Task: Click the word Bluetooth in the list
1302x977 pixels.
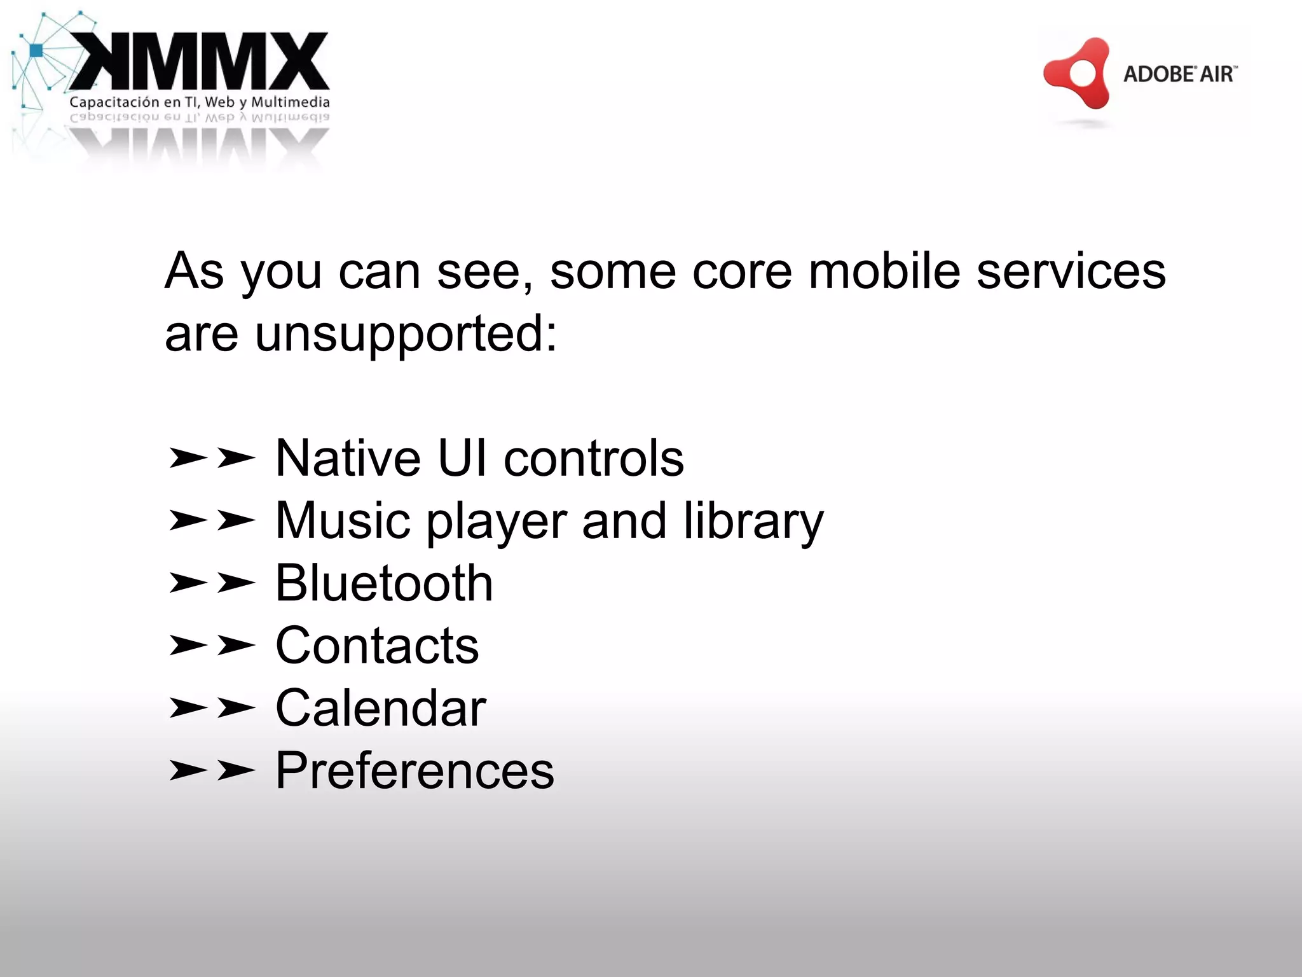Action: coord(384,583)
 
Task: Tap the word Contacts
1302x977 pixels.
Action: coord(377,646)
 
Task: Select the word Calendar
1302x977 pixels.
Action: coord(381,708)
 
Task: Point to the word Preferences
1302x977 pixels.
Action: coord(415,770)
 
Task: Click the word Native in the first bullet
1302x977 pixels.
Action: coord(348,459)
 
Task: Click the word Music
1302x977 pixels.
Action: coord(343,521)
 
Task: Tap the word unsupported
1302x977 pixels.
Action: coord(406,335)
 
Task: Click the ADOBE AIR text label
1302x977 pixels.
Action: coord(1179,74)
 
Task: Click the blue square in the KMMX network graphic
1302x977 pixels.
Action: coord(36,50)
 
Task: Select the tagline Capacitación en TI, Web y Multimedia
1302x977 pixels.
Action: coord(199,102)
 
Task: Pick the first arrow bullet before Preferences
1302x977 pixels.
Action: coord(188,770)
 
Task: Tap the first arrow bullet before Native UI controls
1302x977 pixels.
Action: coord(188,458)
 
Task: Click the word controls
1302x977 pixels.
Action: coord(594,459)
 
